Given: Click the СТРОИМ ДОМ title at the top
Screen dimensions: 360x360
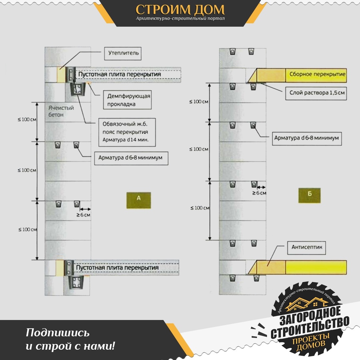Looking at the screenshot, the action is [180, 10].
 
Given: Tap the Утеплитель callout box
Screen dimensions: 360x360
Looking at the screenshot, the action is [123, 54].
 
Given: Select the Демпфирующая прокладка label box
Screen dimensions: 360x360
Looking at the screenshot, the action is [127, 100].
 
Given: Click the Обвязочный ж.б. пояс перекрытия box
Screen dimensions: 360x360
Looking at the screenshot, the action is [127, 132].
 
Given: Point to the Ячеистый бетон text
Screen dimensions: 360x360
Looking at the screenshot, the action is [61, 111].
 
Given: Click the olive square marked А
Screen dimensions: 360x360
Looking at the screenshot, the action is [139, 200].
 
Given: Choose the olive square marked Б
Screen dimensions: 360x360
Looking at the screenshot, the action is [309, 195].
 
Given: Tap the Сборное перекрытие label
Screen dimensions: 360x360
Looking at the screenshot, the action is [317, 74].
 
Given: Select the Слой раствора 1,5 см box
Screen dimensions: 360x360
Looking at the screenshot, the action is [316, 93].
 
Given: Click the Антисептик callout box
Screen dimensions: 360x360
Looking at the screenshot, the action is [307, 248].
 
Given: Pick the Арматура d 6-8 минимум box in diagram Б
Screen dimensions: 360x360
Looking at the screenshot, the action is [307, 138].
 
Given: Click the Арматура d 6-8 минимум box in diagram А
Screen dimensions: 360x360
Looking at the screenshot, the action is [131, 158].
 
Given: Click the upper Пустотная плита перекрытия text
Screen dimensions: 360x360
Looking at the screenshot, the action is [120, 74].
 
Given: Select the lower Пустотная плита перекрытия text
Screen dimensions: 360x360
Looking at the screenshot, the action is [117, 268].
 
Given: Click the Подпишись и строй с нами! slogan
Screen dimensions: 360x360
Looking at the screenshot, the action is [70, 339].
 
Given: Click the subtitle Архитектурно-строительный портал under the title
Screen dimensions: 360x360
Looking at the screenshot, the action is [180, 18].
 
